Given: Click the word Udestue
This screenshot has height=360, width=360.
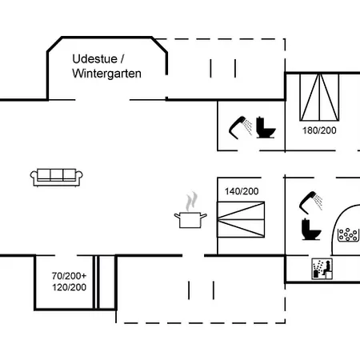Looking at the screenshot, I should click(90, 58).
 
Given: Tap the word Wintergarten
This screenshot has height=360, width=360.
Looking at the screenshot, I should click(106, 74).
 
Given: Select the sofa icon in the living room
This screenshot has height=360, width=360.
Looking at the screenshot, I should click(55, 177).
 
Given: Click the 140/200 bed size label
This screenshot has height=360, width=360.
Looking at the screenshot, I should click(241, 191).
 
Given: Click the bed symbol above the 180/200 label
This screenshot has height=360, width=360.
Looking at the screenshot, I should click(314, 95).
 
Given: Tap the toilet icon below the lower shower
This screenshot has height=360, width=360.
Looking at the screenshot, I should click(310, 230).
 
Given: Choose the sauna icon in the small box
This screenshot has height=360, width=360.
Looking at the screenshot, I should click(320, 270).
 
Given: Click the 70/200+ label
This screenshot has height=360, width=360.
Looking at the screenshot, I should click(70, 275).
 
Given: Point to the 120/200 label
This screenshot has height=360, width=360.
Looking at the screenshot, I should click(70, 287).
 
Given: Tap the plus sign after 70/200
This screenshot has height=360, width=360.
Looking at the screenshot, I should click(83, 275).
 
